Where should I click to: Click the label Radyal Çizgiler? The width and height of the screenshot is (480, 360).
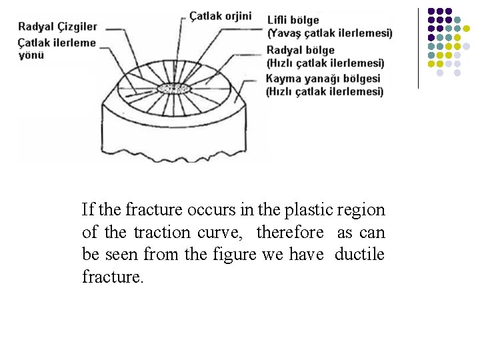[x=57, y=27]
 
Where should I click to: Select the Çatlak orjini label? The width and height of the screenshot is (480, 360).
[x=221, y=15]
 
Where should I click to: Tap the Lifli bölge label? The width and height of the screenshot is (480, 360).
[x=293, y=20]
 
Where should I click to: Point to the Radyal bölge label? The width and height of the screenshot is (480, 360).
[x=300, y=50]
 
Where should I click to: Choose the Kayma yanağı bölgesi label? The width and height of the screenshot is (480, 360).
[x=323, y=79]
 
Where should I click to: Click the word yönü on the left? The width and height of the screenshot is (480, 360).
[x=31, y=55]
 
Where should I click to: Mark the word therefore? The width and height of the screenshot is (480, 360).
[x=290, y=233]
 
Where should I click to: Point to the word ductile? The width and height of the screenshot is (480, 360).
[x=359, y=255]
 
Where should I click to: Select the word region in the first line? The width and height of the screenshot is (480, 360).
[x=361, y=210]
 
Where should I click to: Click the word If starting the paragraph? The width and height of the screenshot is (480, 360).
[x=88, y=210]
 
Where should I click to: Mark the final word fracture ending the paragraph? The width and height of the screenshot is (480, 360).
[x=111, y=277]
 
